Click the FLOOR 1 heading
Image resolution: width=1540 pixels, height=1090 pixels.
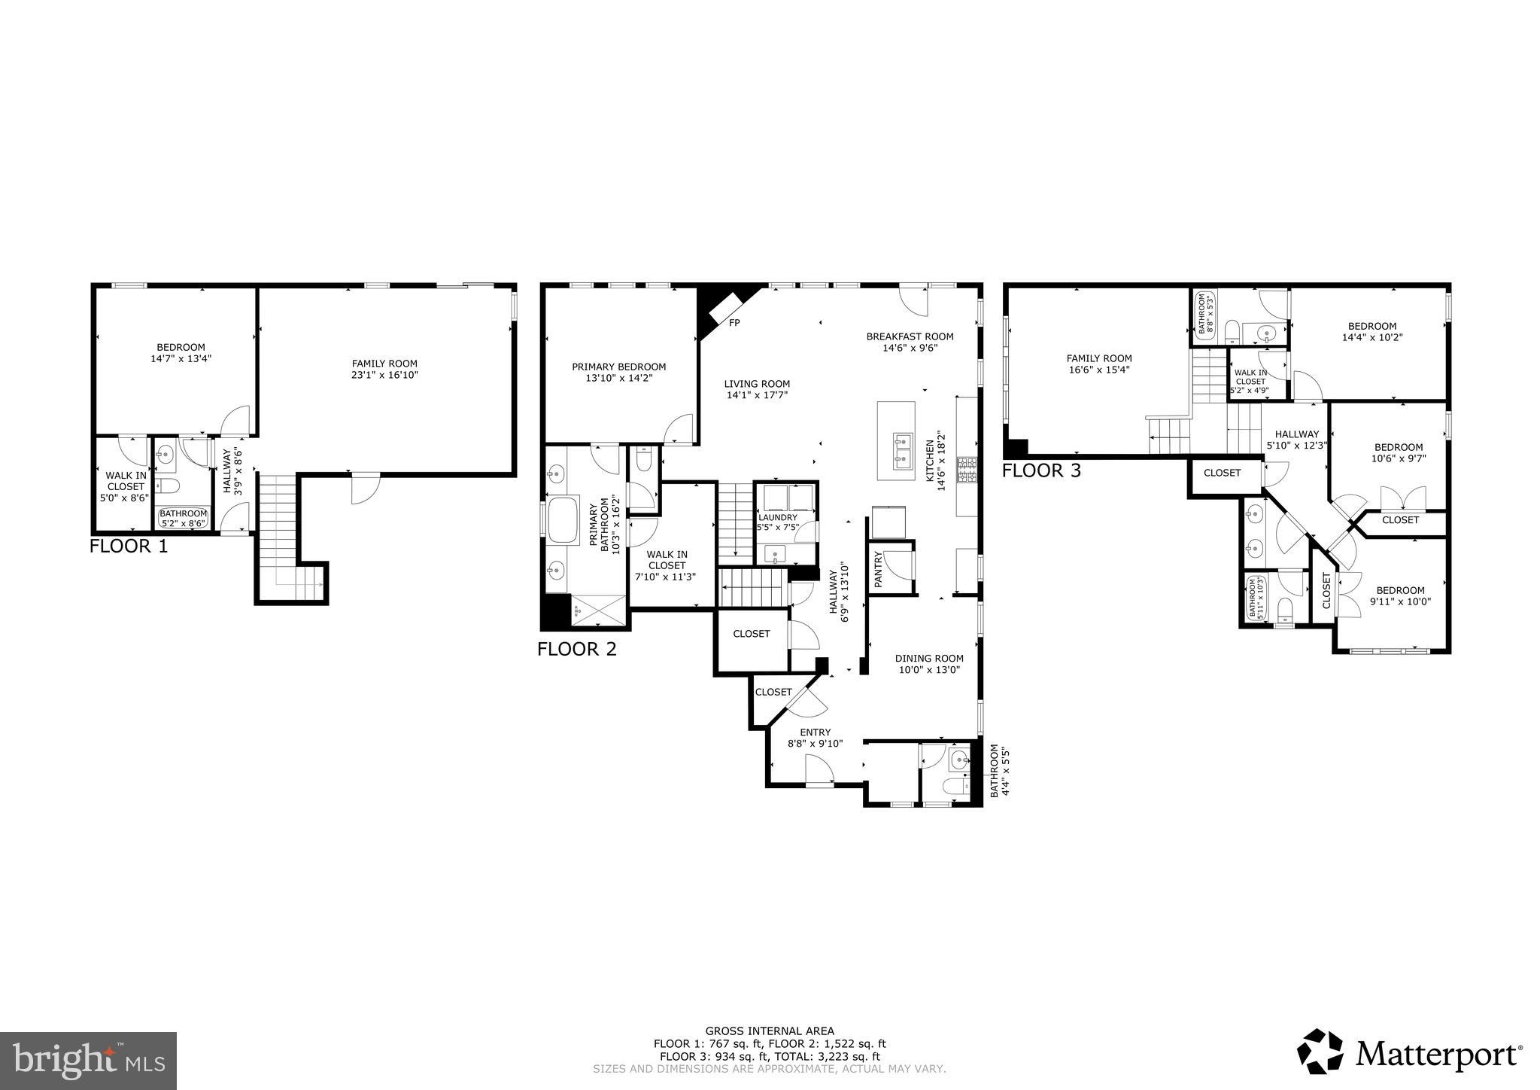pyautogui.click(x=129, y=546)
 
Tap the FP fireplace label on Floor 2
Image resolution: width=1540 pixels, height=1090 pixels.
pyautogui.click(x=734, y=322)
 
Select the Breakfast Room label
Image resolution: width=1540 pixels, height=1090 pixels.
pyautogui.click(x=910, y=336)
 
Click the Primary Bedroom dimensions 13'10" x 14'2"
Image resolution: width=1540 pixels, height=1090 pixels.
pyautogui.click(x=618, y=379)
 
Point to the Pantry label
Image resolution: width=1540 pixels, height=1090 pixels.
pyautogui.click(x=877, y=569)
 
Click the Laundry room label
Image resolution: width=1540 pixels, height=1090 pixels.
pyautogui.click(x=777, y=518)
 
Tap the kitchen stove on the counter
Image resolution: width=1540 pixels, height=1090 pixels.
pyautogui.click(x=967, y=470)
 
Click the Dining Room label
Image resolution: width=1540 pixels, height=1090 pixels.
pyautogui.click(x=929, y=658)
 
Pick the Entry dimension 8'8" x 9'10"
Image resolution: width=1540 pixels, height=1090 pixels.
pyautogui.click(x=815, y=743)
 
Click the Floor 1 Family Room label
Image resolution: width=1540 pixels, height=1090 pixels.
pyautogui.click(x=384, y=364)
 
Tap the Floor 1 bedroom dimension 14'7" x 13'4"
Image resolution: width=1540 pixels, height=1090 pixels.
pyautogui.click(x=181, y=359)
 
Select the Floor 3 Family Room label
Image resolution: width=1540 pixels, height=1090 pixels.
pyautogui.click(x=1099, y=358)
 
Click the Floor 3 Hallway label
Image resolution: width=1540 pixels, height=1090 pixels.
pyautogui.click(x=1296, y=434)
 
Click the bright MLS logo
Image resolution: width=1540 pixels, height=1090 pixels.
pyautogui.click(x=88, y=1061)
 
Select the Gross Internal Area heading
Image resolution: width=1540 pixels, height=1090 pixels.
pyautogui.click(x=769, y=1031)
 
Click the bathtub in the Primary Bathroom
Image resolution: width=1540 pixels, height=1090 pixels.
pyautogui.click(x=563, y=519)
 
